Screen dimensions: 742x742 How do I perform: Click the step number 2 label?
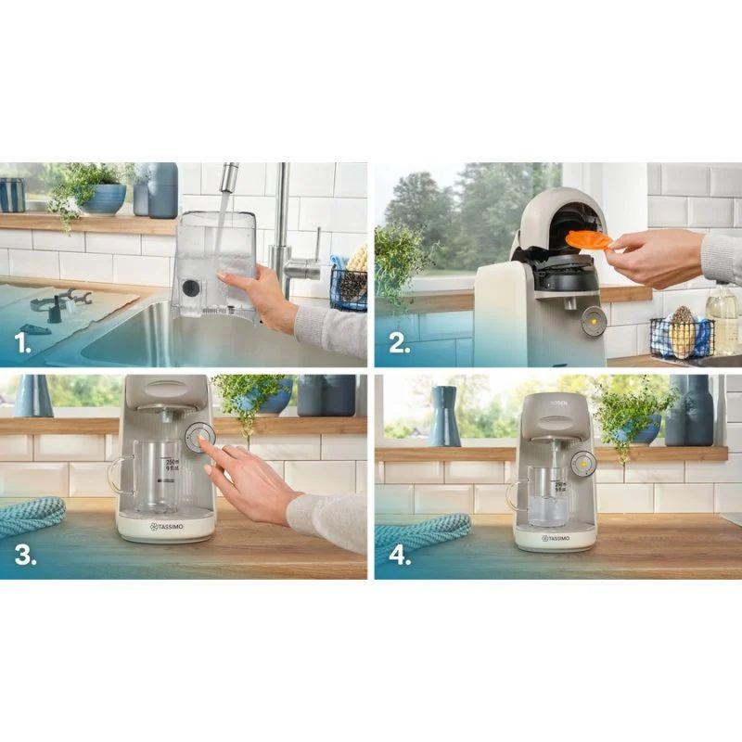[398, 345]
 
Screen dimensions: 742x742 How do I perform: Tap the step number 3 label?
[25, 556]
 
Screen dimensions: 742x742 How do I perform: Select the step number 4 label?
[400, 556]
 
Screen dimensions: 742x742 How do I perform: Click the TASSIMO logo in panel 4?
[556, 537]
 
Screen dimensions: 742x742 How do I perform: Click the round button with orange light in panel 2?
[593, 321]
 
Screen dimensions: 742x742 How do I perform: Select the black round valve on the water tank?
[191, 288]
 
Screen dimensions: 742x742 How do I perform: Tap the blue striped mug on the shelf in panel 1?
[12, 195]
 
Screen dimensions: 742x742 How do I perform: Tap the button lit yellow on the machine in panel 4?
[582, 464]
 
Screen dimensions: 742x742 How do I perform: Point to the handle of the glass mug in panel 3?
[115, 476]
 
